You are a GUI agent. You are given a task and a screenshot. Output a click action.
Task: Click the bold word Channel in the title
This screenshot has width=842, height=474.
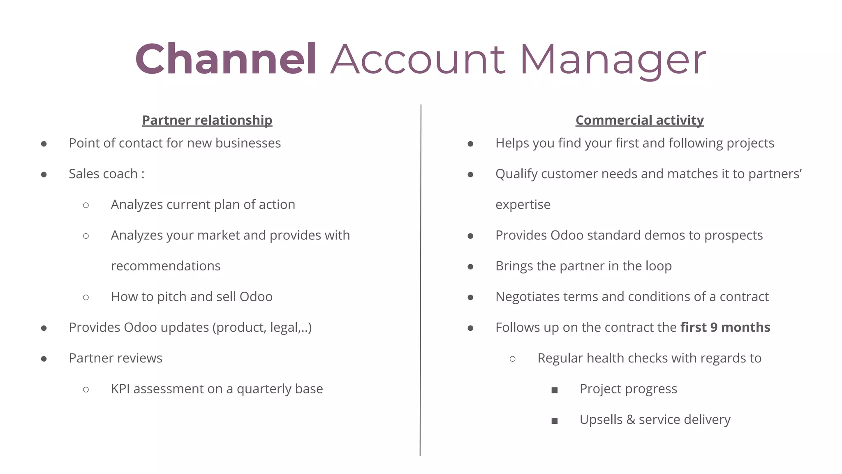pos(226,60)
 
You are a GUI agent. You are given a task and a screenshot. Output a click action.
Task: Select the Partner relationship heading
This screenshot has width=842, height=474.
pos(207,120)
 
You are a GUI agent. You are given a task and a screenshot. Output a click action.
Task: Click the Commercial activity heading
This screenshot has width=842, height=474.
pos(639,120)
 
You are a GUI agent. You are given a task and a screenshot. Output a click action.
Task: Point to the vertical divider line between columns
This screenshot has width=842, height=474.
pos(421,280)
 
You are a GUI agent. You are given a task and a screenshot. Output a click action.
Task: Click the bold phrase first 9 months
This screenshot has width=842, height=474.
pos(725,328)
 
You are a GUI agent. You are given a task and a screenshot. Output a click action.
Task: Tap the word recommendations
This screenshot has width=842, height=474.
pos(166,266)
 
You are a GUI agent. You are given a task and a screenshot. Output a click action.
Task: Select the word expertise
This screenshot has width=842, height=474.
pos(523,205)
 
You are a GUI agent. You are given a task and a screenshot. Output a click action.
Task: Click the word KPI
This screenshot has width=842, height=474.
pos(120,389)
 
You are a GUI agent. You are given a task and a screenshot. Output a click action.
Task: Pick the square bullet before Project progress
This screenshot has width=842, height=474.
pos(555,390)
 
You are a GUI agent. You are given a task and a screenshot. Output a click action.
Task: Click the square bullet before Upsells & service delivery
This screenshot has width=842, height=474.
pos(555,421)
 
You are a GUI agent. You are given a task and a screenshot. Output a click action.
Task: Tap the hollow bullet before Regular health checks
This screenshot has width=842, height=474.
pos(512,359)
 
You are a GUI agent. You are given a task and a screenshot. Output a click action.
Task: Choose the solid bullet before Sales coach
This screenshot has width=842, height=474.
pos(44,174)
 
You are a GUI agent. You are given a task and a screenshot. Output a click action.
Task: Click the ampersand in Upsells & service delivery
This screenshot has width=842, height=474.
pos(630,420)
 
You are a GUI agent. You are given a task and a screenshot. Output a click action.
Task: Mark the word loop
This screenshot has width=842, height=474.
pos(659,267)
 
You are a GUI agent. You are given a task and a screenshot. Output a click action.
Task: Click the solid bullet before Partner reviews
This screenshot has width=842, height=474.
pos(44,359)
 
